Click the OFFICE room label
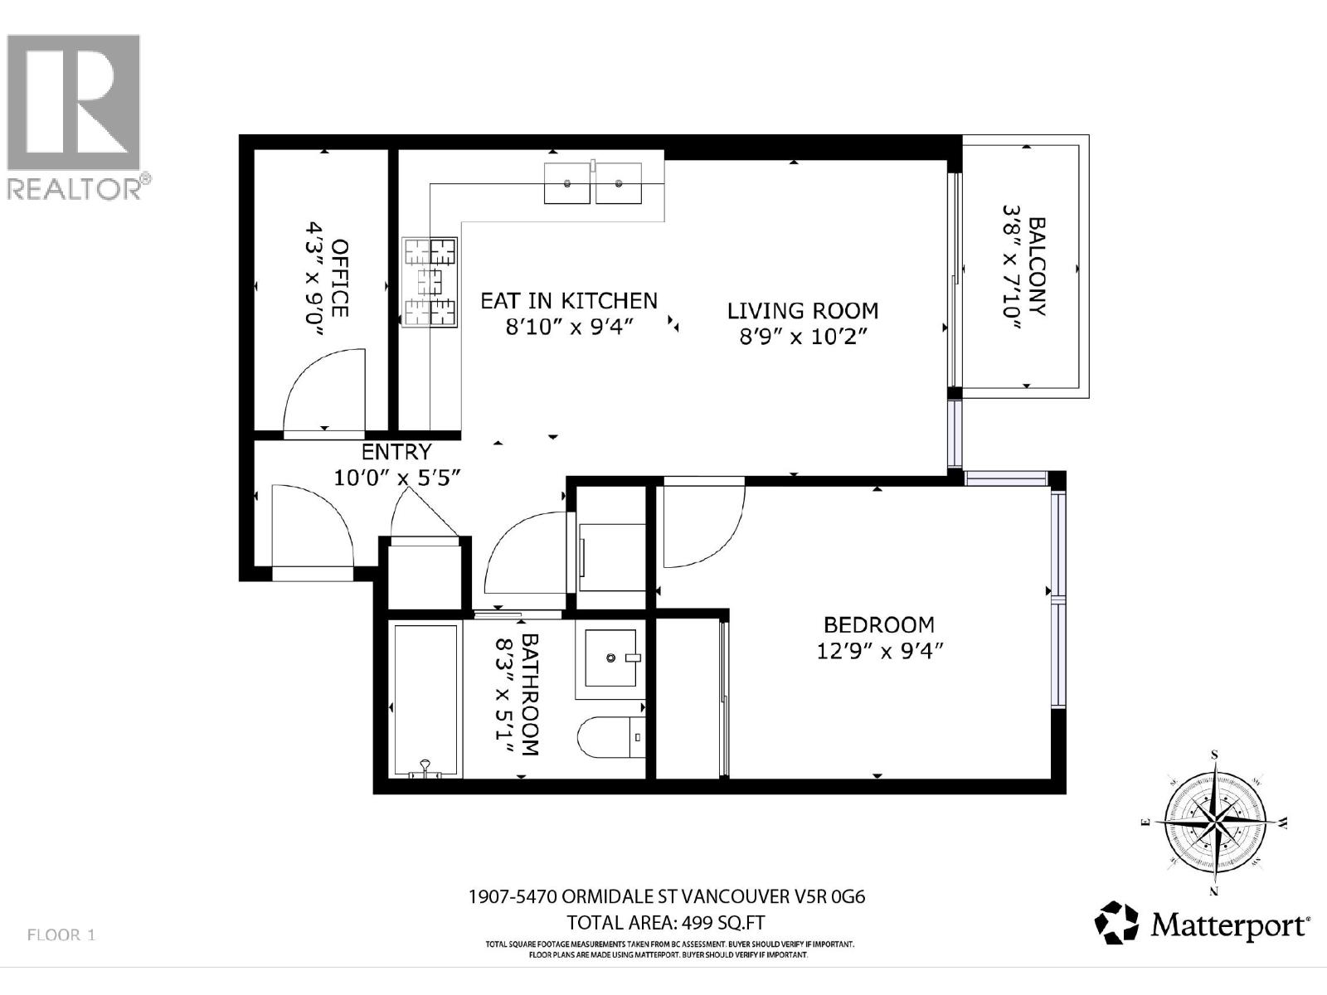tap(339, 278)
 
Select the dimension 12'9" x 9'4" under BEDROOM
tap(880, 651)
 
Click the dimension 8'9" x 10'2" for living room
tap(802, 337)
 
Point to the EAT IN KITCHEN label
tap(569, 300)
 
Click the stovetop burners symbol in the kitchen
tap(430, 283)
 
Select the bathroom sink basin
tap(610, 658)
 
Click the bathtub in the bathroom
tap(425, 701)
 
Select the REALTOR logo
tap(75, 116)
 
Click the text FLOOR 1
tap(62, 934)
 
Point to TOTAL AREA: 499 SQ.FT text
tap(666, 922)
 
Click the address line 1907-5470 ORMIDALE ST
tap(667, 896)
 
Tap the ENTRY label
tap(396, 452)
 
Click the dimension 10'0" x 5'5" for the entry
tap(396, 478)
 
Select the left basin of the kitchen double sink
tap(567, 182)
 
